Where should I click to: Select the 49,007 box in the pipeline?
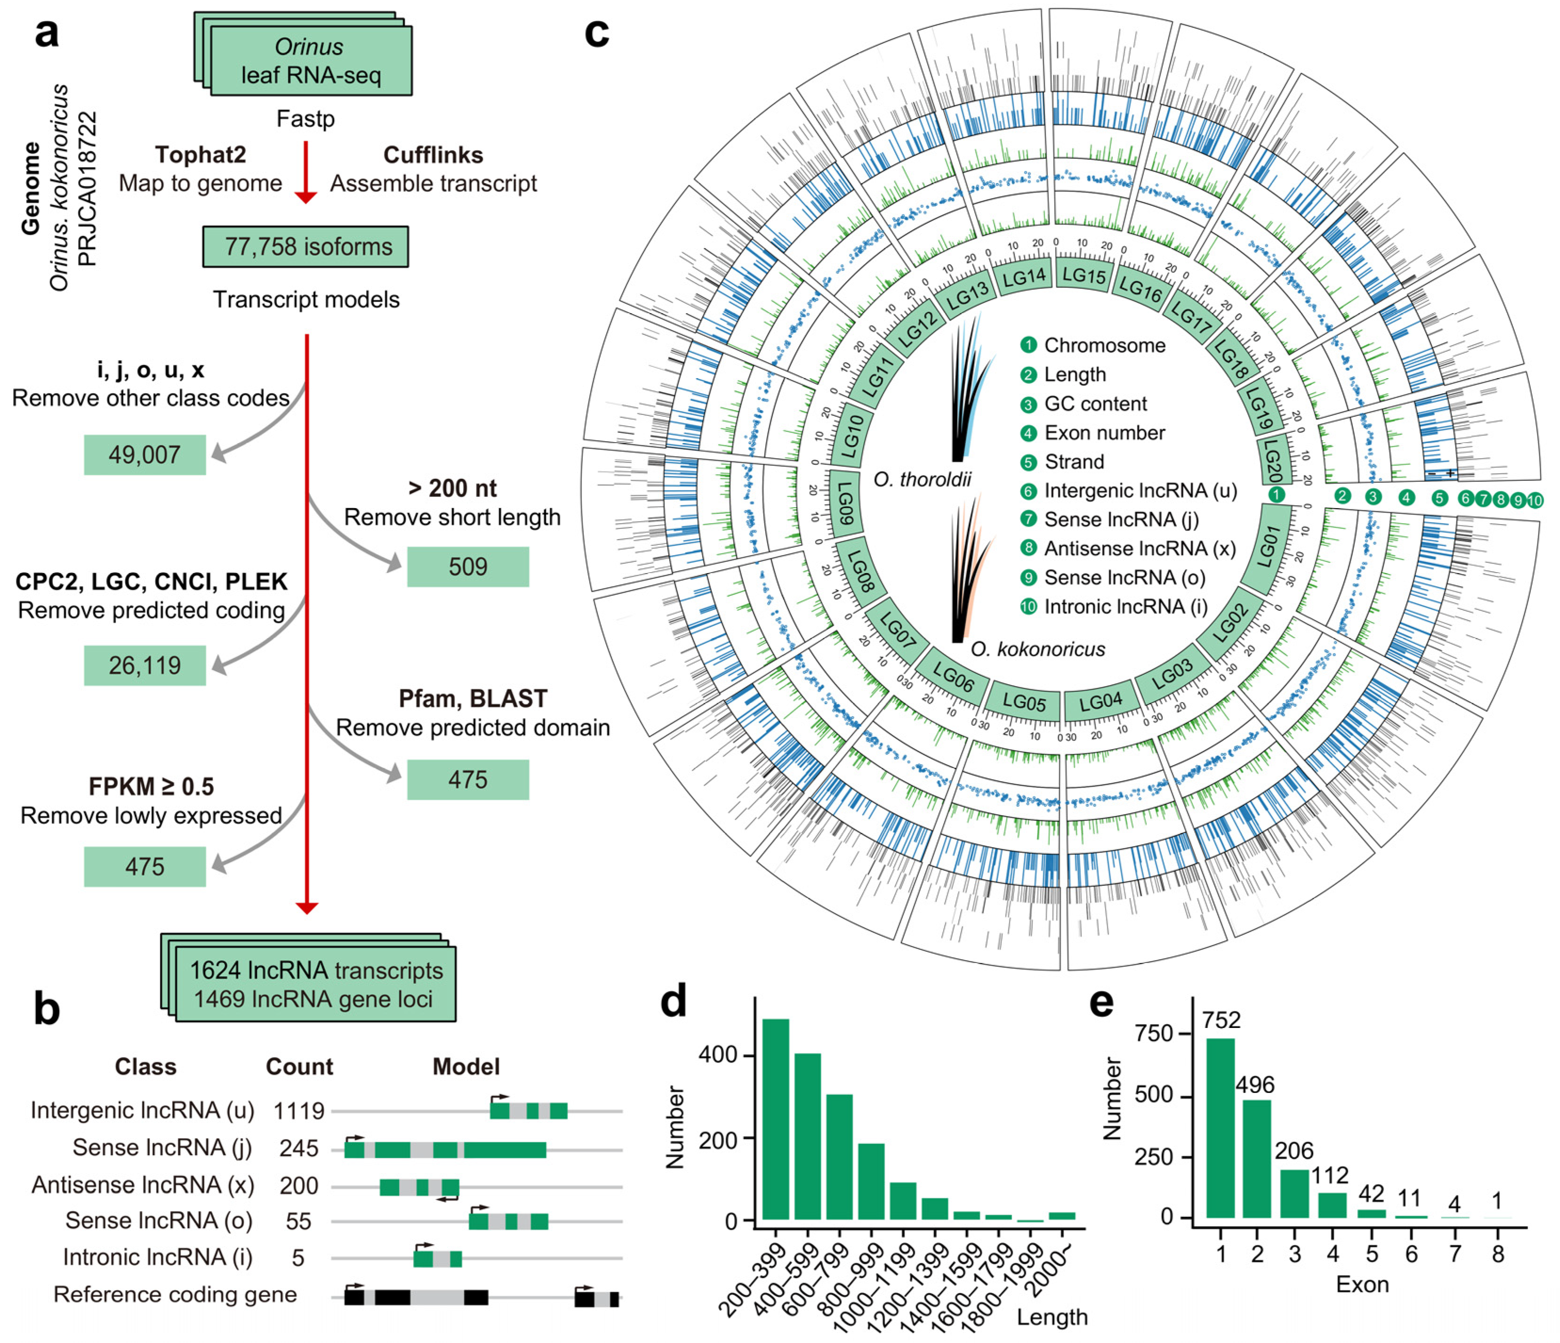click(x=144, y=455)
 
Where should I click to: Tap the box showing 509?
click(x=468, y=566)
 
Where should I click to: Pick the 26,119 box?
click(x=144, y=665)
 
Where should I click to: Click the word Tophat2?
click(x=200, y=154)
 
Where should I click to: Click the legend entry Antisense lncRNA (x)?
click(x=1139, y=548)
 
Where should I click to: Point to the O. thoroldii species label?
click(x=922, y=479)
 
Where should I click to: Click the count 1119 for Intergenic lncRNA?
click(x=299, y=1110)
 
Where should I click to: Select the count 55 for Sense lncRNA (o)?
click(x=299, y=1221)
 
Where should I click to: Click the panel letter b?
click(x=47, y=1009)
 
